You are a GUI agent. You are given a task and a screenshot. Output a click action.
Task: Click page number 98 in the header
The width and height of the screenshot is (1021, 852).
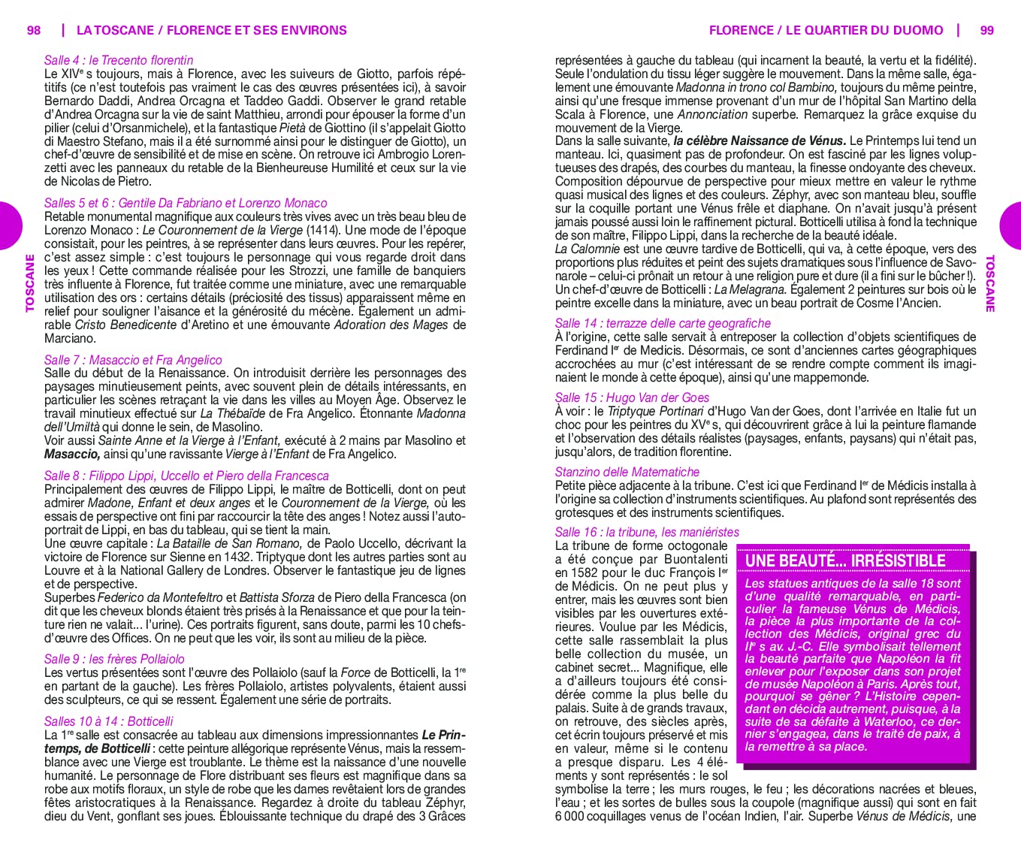34,30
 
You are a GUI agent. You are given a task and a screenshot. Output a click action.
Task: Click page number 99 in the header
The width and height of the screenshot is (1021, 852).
987,30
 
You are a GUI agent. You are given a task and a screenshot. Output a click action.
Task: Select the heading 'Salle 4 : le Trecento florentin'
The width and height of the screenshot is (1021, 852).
119,60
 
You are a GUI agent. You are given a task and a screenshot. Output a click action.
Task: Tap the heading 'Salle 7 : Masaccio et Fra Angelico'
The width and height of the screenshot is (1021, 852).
133,360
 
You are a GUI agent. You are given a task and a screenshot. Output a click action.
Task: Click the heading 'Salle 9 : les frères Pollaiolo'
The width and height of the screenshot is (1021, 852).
114,659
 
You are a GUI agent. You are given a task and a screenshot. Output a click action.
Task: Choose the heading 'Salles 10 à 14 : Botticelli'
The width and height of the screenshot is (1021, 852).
109,721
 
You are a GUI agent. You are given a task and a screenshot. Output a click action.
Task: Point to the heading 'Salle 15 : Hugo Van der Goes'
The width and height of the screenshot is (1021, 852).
632,397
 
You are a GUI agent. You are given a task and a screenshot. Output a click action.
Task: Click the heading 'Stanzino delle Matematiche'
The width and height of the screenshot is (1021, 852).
627,472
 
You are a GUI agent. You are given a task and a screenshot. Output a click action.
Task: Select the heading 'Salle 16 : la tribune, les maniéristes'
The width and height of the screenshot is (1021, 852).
647,532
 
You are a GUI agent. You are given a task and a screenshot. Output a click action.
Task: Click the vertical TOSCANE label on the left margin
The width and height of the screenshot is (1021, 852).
30,283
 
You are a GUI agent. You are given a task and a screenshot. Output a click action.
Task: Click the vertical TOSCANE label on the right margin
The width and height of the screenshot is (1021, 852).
990,283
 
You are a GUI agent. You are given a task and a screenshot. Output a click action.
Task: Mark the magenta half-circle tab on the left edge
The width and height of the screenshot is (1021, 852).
9,225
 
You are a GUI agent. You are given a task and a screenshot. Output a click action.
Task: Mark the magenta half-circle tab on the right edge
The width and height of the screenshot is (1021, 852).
1011,225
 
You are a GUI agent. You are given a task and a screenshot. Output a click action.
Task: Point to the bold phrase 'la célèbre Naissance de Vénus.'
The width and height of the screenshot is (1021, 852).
760,140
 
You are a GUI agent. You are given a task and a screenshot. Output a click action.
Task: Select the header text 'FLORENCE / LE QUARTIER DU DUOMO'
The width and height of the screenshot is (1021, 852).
826,30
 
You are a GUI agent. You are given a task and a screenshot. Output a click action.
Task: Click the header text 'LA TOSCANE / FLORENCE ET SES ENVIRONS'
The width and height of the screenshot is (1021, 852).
212,30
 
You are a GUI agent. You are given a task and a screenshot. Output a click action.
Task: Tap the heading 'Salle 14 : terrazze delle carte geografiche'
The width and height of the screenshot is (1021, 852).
663,323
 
